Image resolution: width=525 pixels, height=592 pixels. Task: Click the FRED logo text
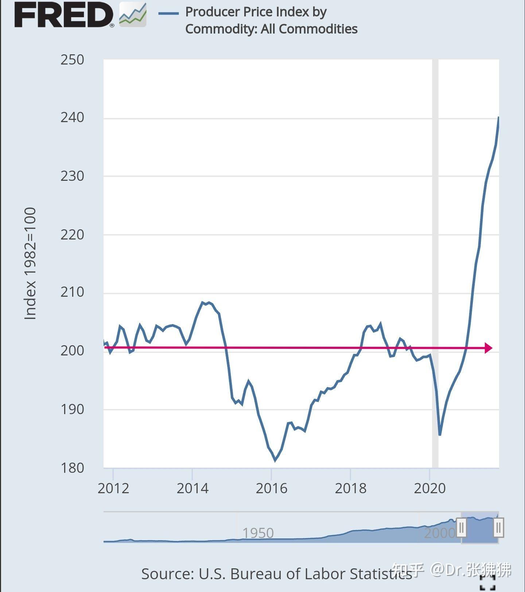click(x=64, y=15)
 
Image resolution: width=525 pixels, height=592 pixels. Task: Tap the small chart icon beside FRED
click(x=133, y=15)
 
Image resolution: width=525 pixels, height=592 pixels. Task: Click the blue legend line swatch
click(x=168, y=13)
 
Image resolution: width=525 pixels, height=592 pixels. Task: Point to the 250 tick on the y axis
click(x=72, y=60)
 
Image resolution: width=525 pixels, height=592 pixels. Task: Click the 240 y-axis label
click(x=72, y=118)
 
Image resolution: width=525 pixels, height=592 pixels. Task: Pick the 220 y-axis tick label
click(x=72, y=235)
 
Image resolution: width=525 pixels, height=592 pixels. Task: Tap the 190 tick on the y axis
click(x=72, y=409)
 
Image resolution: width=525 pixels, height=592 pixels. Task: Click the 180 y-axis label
click(x=72, y=468)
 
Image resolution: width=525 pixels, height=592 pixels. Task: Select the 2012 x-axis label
click(x=113, y=488)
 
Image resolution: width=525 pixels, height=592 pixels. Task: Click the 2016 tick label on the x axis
click(x=272, y=488)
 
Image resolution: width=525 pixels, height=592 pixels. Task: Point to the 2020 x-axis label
click(x=430, y=488)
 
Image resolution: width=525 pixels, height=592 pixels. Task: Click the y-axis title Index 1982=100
click(x=30, y=264)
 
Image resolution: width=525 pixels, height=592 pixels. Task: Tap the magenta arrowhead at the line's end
click(x=489, y=348)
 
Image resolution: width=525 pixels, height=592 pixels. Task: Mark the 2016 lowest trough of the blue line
click(x=275, y=460)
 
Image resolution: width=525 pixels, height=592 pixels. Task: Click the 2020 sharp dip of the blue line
click(x=440, y=435)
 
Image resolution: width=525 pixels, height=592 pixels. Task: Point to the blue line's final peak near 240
click(x=498, y=118)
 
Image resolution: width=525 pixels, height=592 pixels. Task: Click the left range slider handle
click(x=462, y=527)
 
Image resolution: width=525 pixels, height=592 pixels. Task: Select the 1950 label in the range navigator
click(x=258, y=533)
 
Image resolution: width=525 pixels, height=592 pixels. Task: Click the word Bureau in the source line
click(x=254, y=574)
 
